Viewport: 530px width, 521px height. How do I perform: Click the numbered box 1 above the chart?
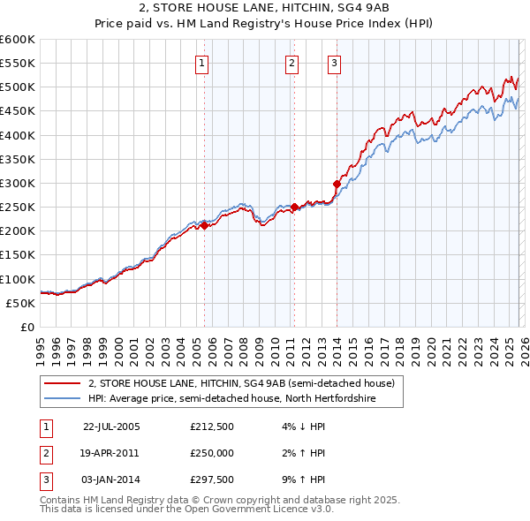[x=203, y=63]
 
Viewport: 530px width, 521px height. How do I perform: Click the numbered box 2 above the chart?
[x=291, y=63]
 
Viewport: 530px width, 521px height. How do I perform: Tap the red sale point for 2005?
[x=204, y=225]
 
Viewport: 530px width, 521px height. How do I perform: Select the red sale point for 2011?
[x=294, y=207]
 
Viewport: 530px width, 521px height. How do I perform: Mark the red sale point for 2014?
[x=337, y=185]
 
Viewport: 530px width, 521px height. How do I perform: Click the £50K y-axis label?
[x=20, y=303]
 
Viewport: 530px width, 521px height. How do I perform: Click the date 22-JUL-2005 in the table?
[x=110, y=426]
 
